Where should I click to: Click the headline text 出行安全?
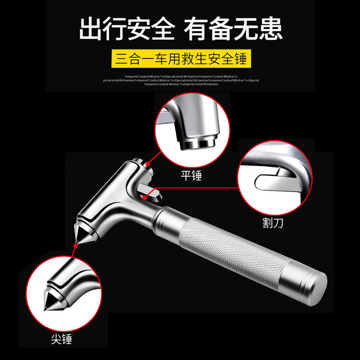pyautogui.click(x=127, y=29)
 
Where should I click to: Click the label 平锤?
pyautogui.click(x=191, y=175)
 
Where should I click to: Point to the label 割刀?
pyautogui.click(x=273, y=223)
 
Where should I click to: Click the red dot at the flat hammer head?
pyautogui.click(x=147, y=164)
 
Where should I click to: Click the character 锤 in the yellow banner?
pyautogui.click(x=241, y=58)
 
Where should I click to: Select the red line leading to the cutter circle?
pyautogui.click(x=198, y=189)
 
